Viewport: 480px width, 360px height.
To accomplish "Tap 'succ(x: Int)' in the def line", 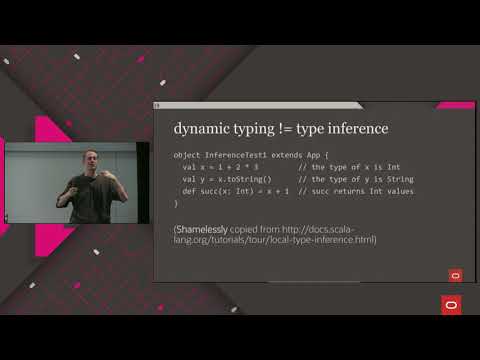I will point(226,191).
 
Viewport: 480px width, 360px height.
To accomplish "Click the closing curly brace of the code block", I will point(176,203).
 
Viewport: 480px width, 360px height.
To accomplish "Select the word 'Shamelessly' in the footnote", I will point(202,229).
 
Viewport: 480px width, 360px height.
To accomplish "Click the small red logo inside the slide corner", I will point(455,274).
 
